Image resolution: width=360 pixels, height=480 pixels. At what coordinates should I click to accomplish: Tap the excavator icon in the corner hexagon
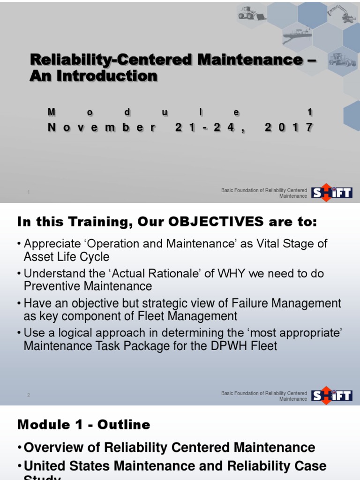coord(343,14)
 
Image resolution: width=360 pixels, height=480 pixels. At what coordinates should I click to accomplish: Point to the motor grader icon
coord(342,60)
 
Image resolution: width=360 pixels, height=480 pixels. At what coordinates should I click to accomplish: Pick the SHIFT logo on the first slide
coord(332,192)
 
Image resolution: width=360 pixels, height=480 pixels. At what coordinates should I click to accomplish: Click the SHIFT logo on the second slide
coord(332,395)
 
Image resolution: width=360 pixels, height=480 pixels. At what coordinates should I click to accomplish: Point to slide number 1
coord(29,192)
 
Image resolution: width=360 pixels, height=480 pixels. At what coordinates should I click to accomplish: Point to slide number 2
coord(29,395)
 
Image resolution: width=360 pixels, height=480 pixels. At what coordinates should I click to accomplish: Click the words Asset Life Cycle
coord(67,256)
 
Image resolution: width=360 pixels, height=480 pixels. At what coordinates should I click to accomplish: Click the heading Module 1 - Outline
coord(84,425)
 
